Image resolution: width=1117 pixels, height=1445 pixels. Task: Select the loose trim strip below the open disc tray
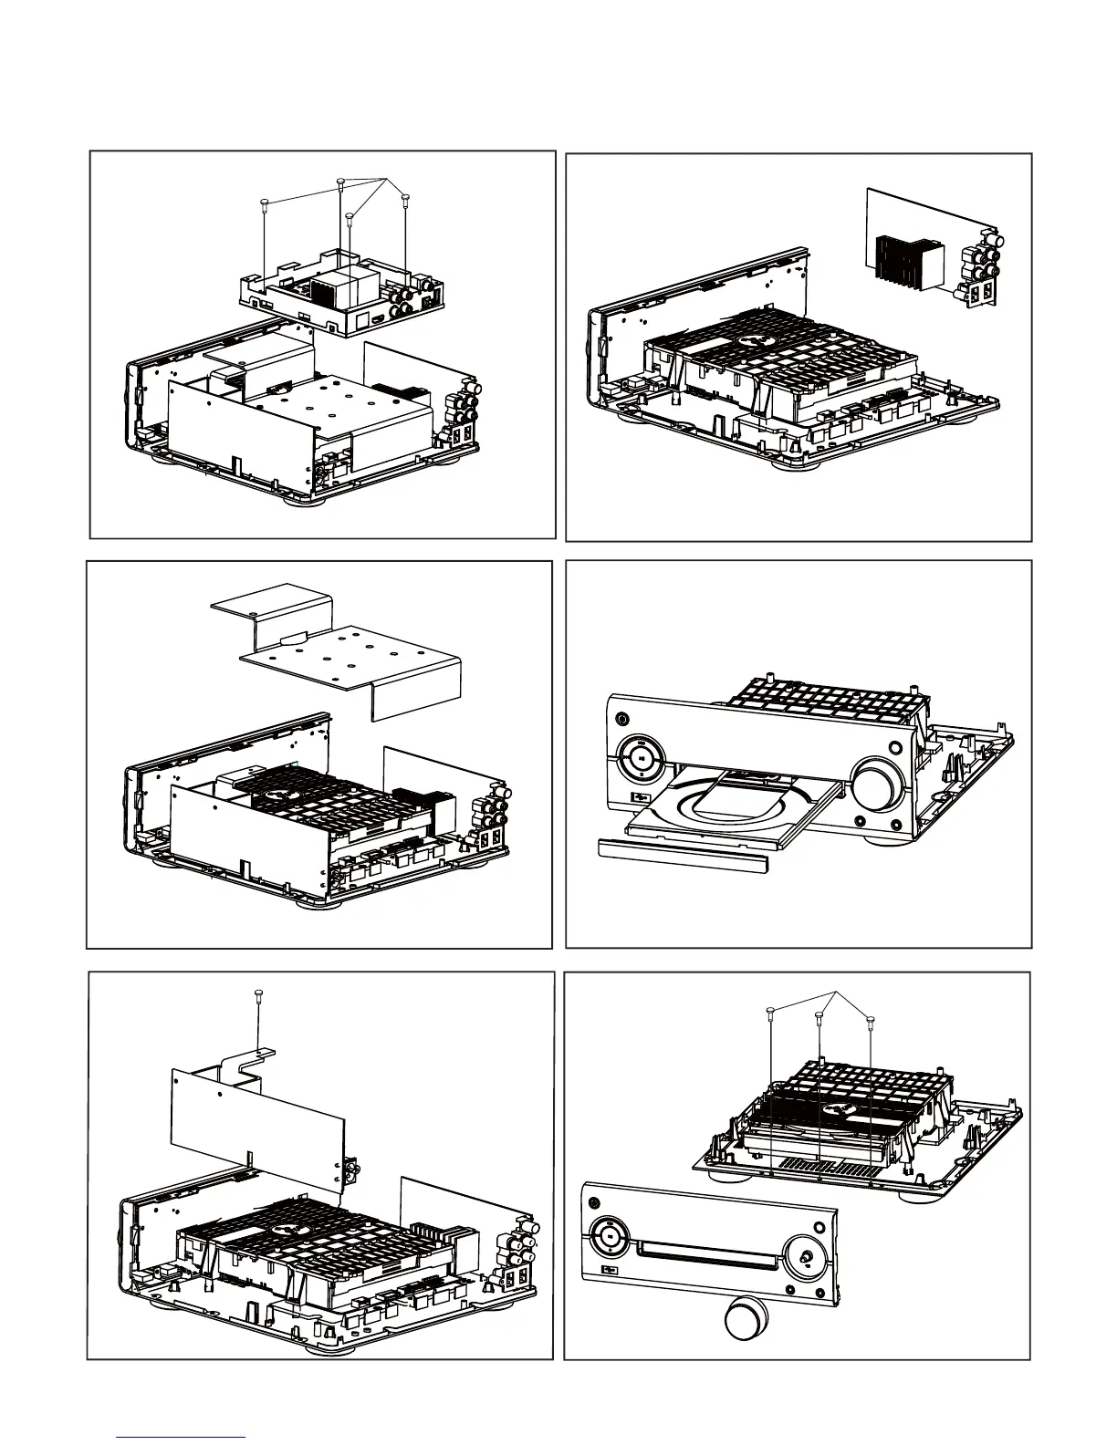(x=685, y=849)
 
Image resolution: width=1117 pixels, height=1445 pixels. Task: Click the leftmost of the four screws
(x=263, y=202)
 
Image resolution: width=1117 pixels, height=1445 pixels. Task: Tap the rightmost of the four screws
(x=404, y=196)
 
